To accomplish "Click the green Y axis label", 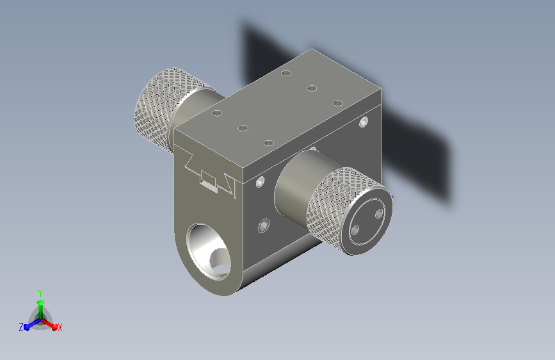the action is click(x=40, y=293).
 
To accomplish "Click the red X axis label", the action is click(x=60, y=328).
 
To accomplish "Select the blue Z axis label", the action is click(x=21, y=327).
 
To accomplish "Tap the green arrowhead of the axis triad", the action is click(x=41, y=302).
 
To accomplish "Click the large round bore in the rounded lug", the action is click(x=208, y=251).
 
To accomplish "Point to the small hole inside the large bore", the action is click(x=220, y=262).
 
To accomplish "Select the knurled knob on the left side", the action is click(x=164, y=108).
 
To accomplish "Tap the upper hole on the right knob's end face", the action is click(x=379, y=213).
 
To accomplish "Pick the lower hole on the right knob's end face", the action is click(x=355, y=231).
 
